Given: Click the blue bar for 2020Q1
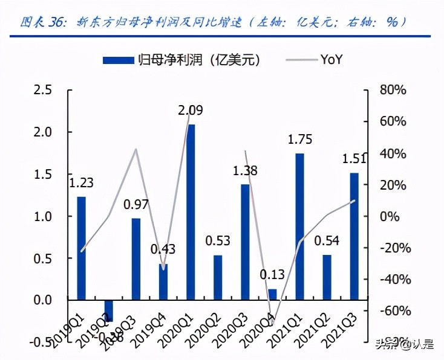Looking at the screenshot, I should [x=191, y=211].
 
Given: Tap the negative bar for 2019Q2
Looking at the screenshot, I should [x=109, y=310].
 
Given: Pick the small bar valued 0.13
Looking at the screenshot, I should [x=272, y=294].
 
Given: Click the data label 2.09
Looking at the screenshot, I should [x=191, y=111].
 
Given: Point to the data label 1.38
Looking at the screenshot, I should [x=245, y=171].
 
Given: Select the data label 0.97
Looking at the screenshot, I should [x=136, y=205].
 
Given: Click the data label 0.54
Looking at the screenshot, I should [x=327, y=242].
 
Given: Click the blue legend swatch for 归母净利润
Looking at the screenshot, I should [x=118, y=59].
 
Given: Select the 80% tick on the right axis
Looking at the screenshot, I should [x=392, y=90].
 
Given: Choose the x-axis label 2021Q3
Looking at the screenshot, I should [x=340, y=329].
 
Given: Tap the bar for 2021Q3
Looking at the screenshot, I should [x=354, y=236].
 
